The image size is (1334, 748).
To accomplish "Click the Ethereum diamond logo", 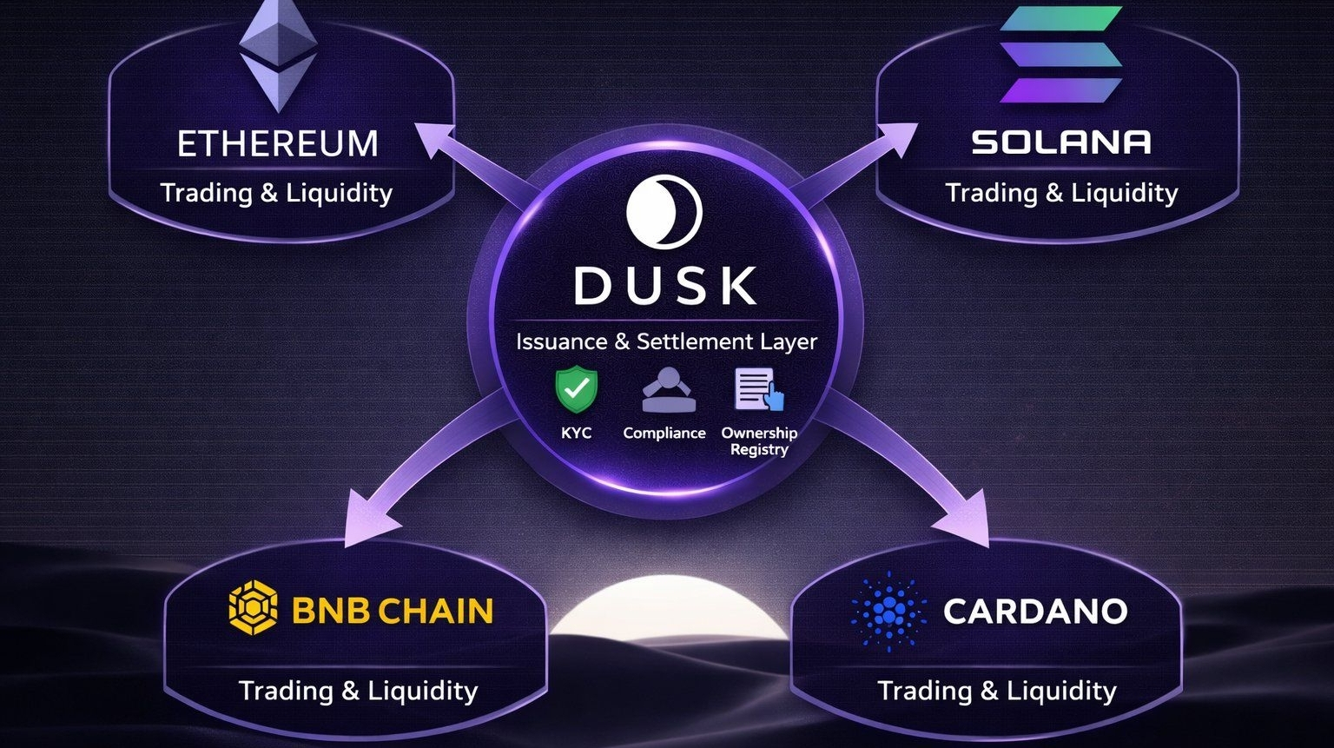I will pyautogui.click(x=278, y=56).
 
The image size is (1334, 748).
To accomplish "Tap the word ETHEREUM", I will pyautogui.click(x=278, y=143).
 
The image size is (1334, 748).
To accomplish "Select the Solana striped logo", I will pyautogui.click(x=1060, y=54).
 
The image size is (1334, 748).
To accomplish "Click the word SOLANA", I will pyautogui.click(x=1061, y=142).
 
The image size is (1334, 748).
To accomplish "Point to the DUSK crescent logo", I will pyautogui.click(x=664, y=212).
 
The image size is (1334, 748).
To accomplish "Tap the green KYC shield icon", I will pyautogui.click(x=577, y=390).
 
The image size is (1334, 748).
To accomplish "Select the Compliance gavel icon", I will pyautogui.click(x=668, y=391).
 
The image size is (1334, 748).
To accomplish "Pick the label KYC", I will pyautogui.click(x=577, y=433).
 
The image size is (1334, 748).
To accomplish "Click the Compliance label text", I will pyautogui.click(x=664, y=433).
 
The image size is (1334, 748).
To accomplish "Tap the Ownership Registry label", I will pyautogui.click(x=759, y=440).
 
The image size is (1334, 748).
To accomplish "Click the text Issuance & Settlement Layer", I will pyautogui.click(x=666, y=341).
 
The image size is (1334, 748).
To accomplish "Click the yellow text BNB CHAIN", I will pyautogui.click(x=393, y=611).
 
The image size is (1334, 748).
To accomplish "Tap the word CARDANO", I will pyautogui.click(x=1035, y=611).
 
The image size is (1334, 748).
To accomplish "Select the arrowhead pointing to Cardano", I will pyautogui.click(x=968, y=522).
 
